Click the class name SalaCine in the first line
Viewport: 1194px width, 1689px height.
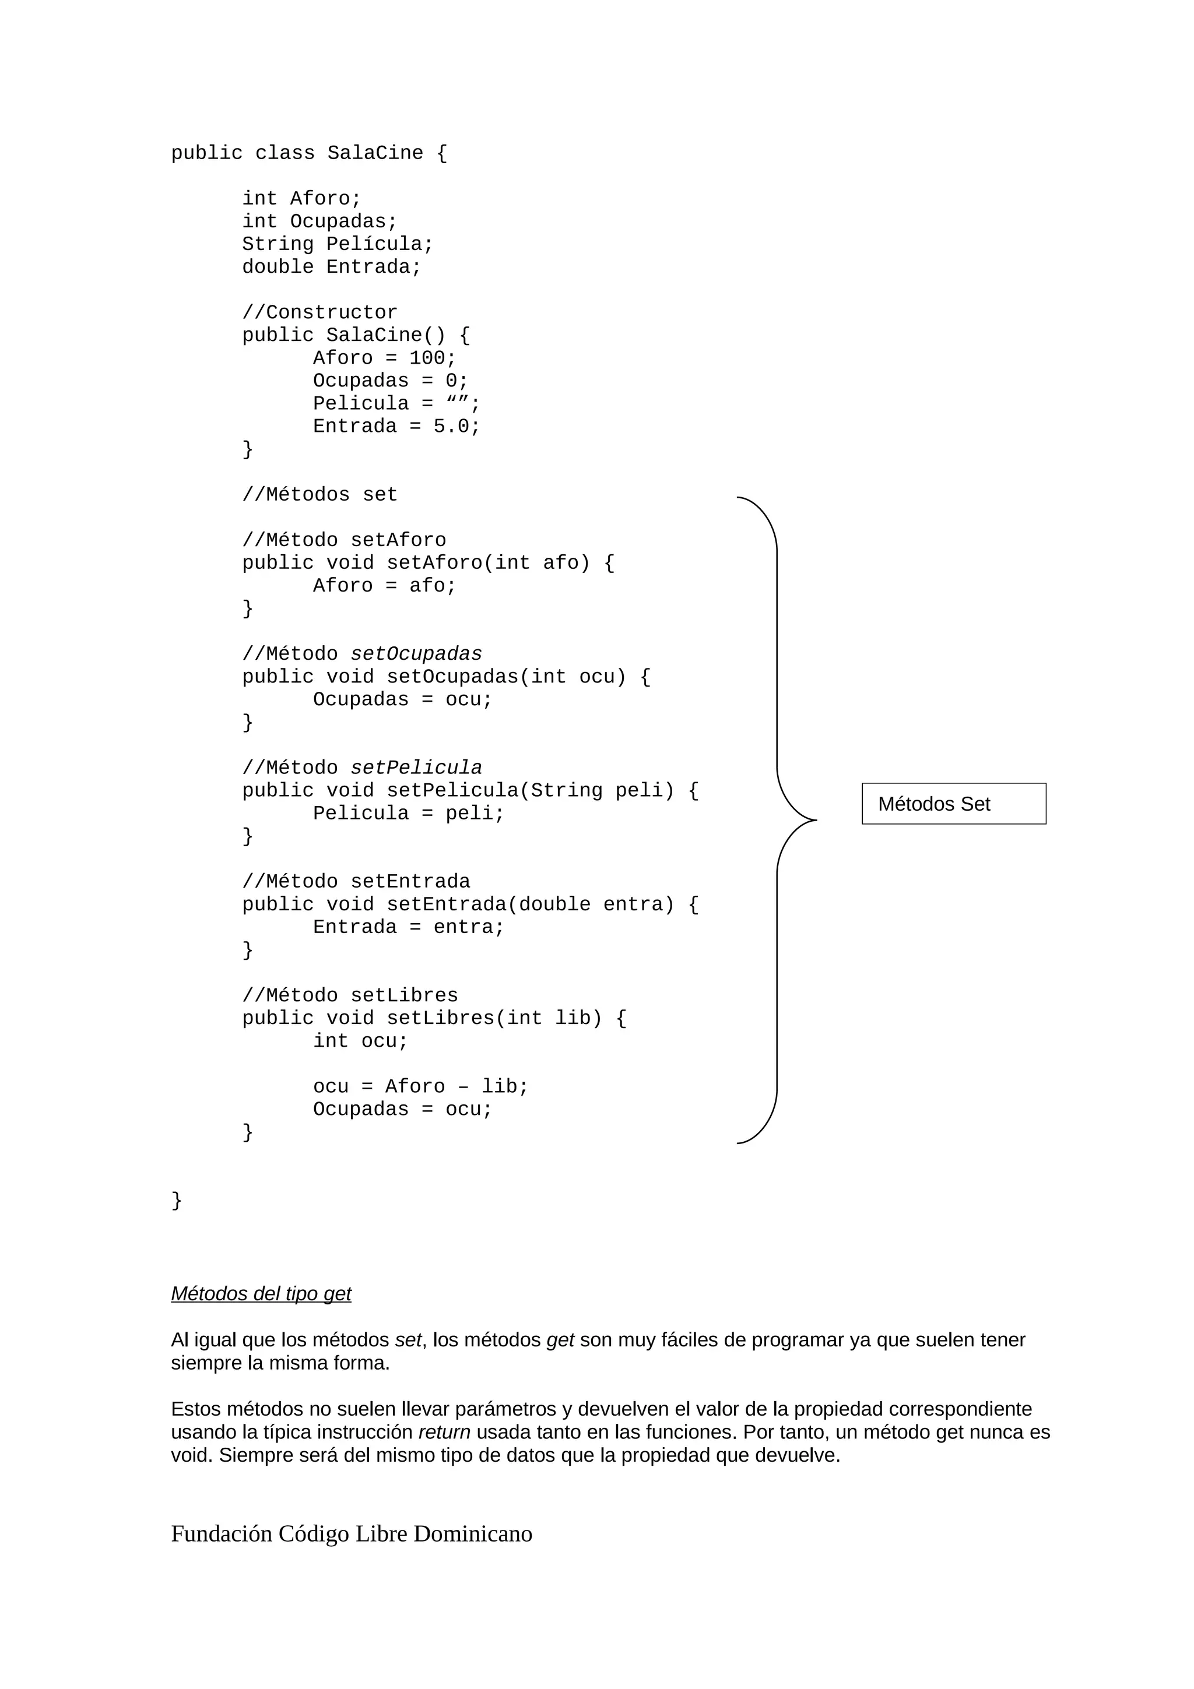pos(375,153)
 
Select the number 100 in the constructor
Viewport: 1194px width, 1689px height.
pos(427,358)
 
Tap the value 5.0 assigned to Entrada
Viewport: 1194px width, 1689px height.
pos(451,427)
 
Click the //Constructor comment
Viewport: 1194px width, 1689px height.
pos(319,312)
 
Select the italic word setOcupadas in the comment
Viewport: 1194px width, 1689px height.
pos(416,654)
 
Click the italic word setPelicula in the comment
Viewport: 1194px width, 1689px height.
pos(416,768)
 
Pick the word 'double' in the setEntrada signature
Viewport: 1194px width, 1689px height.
pos(554,904)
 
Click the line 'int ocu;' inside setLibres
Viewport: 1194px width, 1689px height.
pos(360,1041)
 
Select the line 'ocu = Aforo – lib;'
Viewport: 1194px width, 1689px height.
pos(420,1086)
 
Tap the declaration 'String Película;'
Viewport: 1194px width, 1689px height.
pos(338,244)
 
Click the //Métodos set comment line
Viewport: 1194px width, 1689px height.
pos(319,494)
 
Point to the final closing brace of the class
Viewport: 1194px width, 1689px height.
pos(177,1200)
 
